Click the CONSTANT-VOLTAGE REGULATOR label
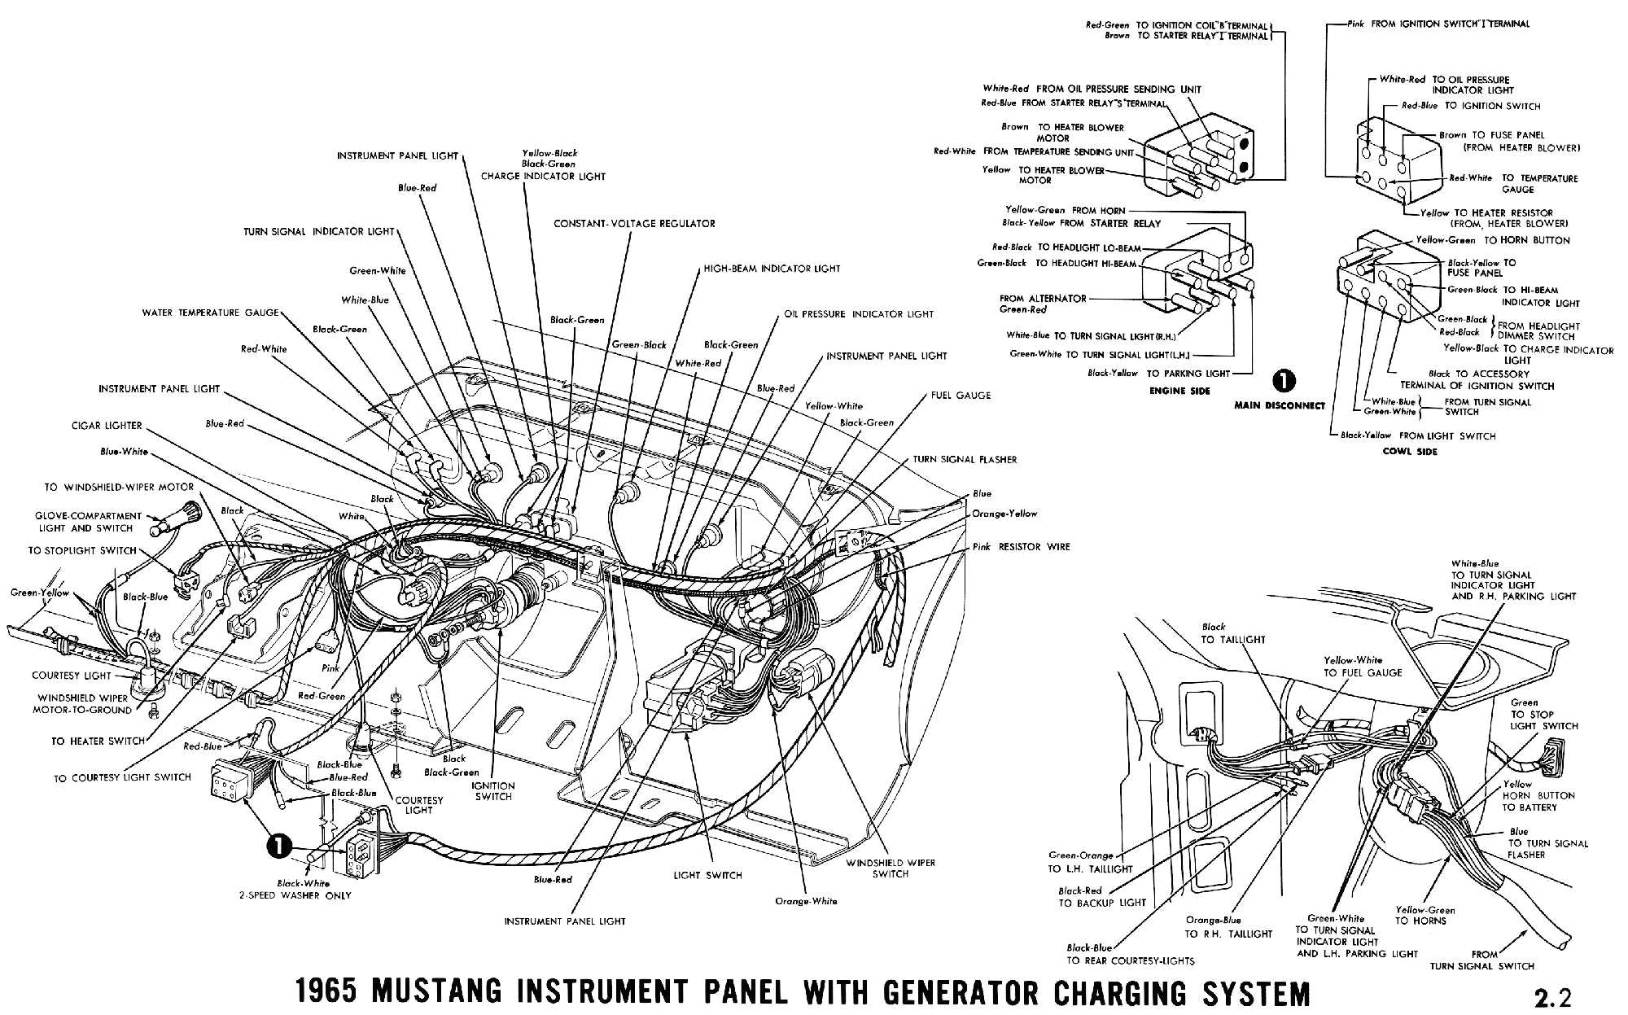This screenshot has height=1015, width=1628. [x=634, y=223]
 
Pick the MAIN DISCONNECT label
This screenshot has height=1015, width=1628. [x=1279, y=405]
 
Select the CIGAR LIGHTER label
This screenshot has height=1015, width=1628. [x=106, y=425]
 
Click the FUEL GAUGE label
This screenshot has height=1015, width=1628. [x=961, y=395]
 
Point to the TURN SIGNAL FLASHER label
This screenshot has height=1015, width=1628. [x=965, y=459]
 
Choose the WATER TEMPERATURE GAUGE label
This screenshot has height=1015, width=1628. [x=210, y=313]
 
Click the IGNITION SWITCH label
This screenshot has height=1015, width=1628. [x=493, y=791]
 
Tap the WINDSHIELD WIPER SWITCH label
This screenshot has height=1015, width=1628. [x=891, y=868]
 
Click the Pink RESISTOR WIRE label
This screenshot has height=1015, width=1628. [x=1021, y=547]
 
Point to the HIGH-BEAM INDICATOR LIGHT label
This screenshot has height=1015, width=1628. [x=772, y=269]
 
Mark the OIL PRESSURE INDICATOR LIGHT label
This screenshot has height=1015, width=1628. [x=859, y=314]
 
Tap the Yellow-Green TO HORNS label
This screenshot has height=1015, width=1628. [x=1424, y=915]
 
